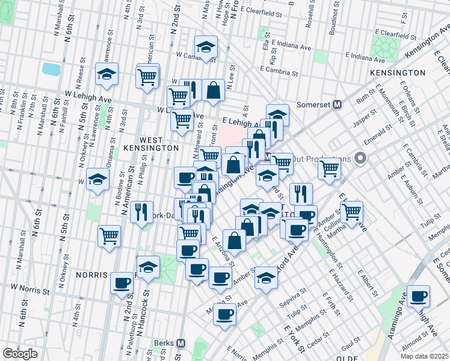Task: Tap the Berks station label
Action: (x=163, y=342)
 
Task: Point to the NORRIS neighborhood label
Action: (x=91, y=274)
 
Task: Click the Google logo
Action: (x=20, y=354)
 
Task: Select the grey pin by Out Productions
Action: (x=360, y=159)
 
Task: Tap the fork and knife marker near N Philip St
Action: (x=141, y=212)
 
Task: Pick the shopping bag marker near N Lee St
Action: (x=213, y=90)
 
